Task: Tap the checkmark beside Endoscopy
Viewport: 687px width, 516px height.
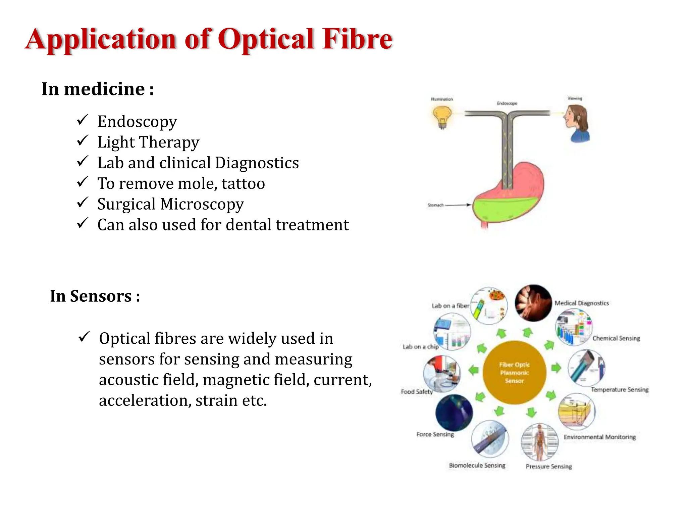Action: point(83,120)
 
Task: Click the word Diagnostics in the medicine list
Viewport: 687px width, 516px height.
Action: point(257,163)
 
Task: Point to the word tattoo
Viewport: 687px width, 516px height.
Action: point(243,184)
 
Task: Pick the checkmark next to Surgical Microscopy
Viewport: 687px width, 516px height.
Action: point(83,203)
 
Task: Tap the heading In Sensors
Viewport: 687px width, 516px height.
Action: point(95,296)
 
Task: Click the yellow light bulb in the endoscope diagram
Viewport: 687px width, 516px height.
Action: point(442,117)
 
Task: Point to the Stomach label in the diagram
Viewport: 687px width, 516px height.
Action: point(435,205)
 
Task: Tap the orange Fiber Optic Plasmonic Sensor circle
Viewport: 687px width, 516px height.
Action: point(514,372)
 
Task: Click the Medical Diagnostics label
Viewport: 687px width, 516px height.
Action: point(581,303)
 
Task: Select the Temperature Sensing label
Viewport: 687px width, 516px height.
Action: point(619,389)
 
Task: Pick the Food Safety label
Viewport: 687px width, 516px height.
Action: point(417,391)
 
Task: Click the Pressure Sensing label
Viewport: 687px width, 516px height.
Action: point(548,466)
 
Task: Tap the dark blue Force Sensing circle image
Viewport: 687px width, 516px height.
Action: point(454,413)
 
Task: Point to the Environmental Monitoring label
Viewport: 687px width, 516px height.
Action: point(599,437)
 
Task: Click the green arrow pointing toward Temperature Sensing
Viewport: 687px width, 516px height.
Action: point(556,368)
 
